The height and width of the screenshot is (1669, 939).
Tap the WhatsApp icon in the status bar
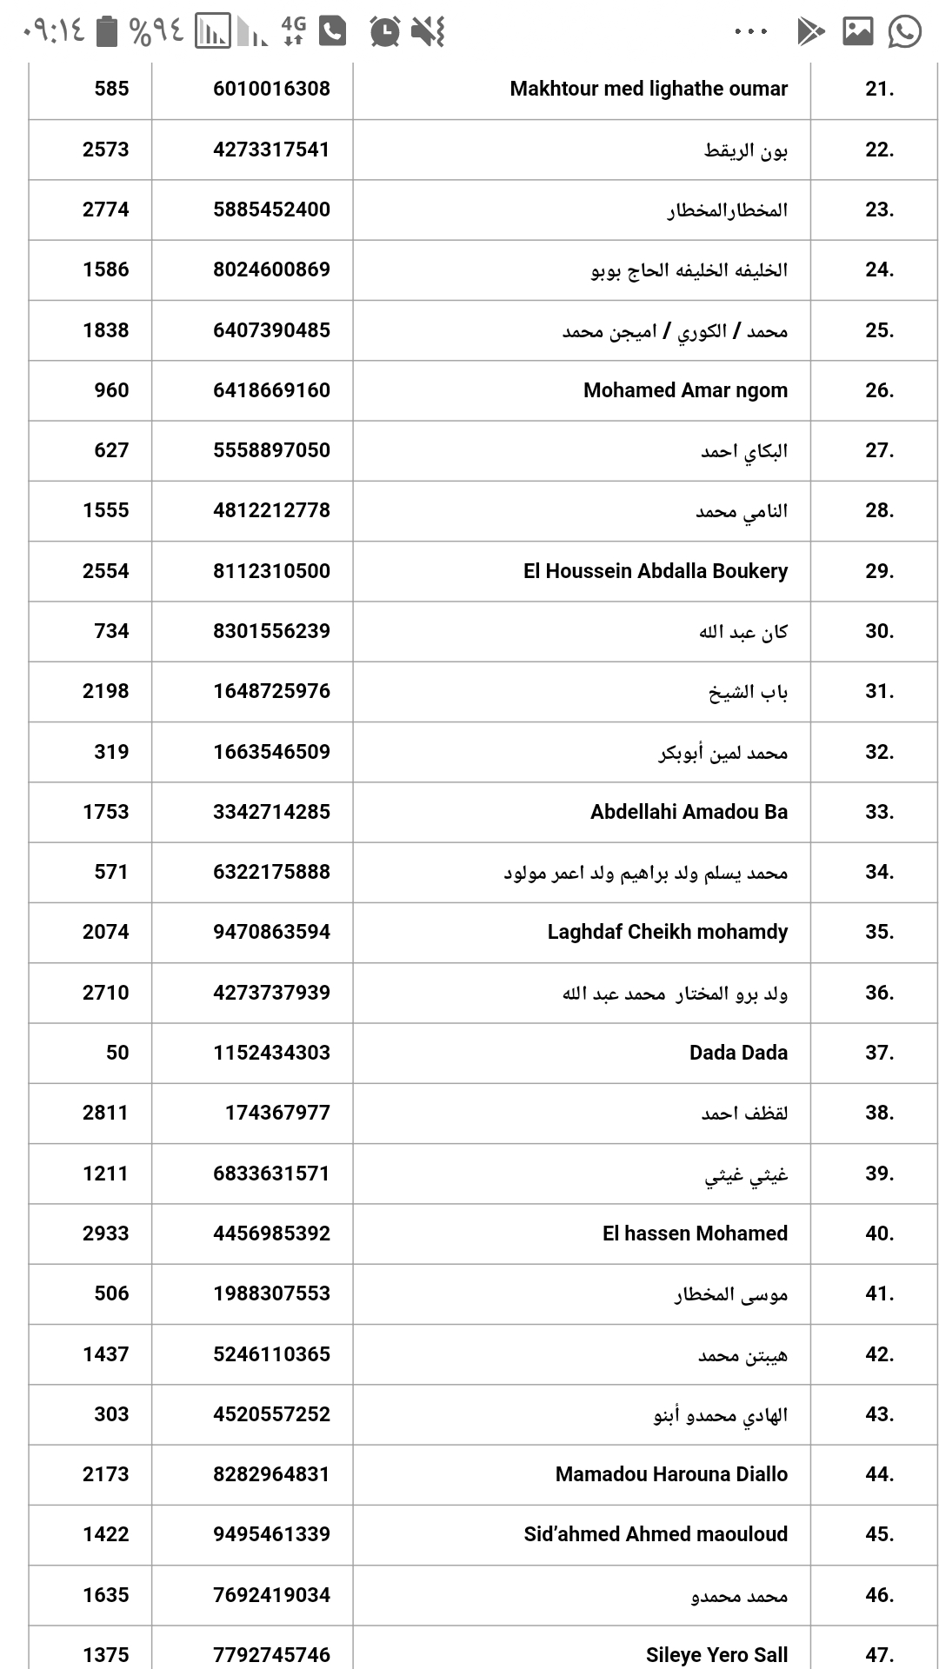click(904, 32)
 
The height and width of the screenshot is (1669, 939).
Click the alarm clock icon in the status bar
click(384, 32)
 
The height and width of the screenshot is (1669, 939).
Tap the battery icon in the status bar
click(106, 31)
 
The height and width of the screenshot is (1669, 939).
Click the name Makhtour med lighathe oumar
click(649, 89)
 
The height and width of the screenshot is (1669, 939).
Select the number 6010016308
click(271, 89)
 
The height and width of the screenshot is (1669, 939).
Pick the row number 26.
click(879, 390)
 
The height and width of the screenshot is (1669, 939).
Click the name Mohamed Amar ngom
click(685, 390)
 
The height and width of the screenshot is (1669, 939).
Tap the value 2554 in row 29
click(105, 571)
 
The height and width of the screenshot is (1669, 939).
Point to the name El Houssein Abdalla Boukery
click(656, 571)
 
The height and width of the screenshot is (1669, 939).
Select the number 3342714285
click(271, 812)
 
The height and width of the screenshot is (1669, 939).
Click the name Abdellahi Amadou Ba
click(689, 812)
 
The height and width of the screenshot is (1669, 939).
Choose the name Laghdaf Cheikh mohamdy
click(667, 932)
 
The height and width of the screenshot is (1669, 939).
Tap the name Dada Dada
click(738, 1053)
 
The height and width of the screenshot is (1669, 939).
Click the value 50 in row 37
click(117, 1053)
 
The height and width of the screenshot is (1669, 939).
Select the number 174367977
click(277, 1113)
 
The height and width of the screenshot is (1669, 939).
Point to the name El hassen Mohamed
click(695, 1233)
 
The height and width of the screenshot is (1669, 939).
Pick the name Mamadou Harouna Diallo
click(671, 1474)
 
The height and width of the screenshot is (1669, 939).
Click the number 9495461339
click(271, 1534)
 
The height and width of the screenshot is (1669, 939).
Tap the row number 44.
click(879, 1474)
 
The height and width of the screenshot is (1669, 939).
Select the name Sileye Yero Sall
click(716, 1654)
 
